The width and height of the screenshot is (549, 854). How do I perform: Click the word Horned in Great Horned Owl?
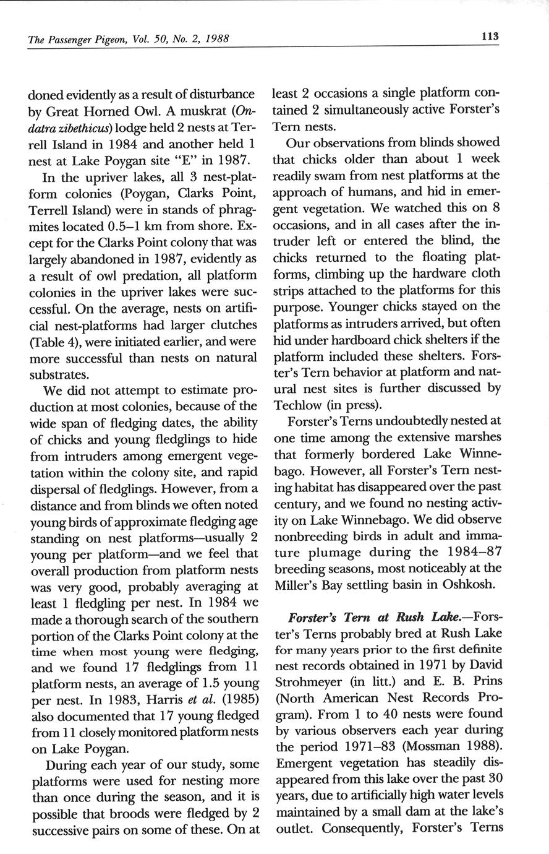click(117, 111)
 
